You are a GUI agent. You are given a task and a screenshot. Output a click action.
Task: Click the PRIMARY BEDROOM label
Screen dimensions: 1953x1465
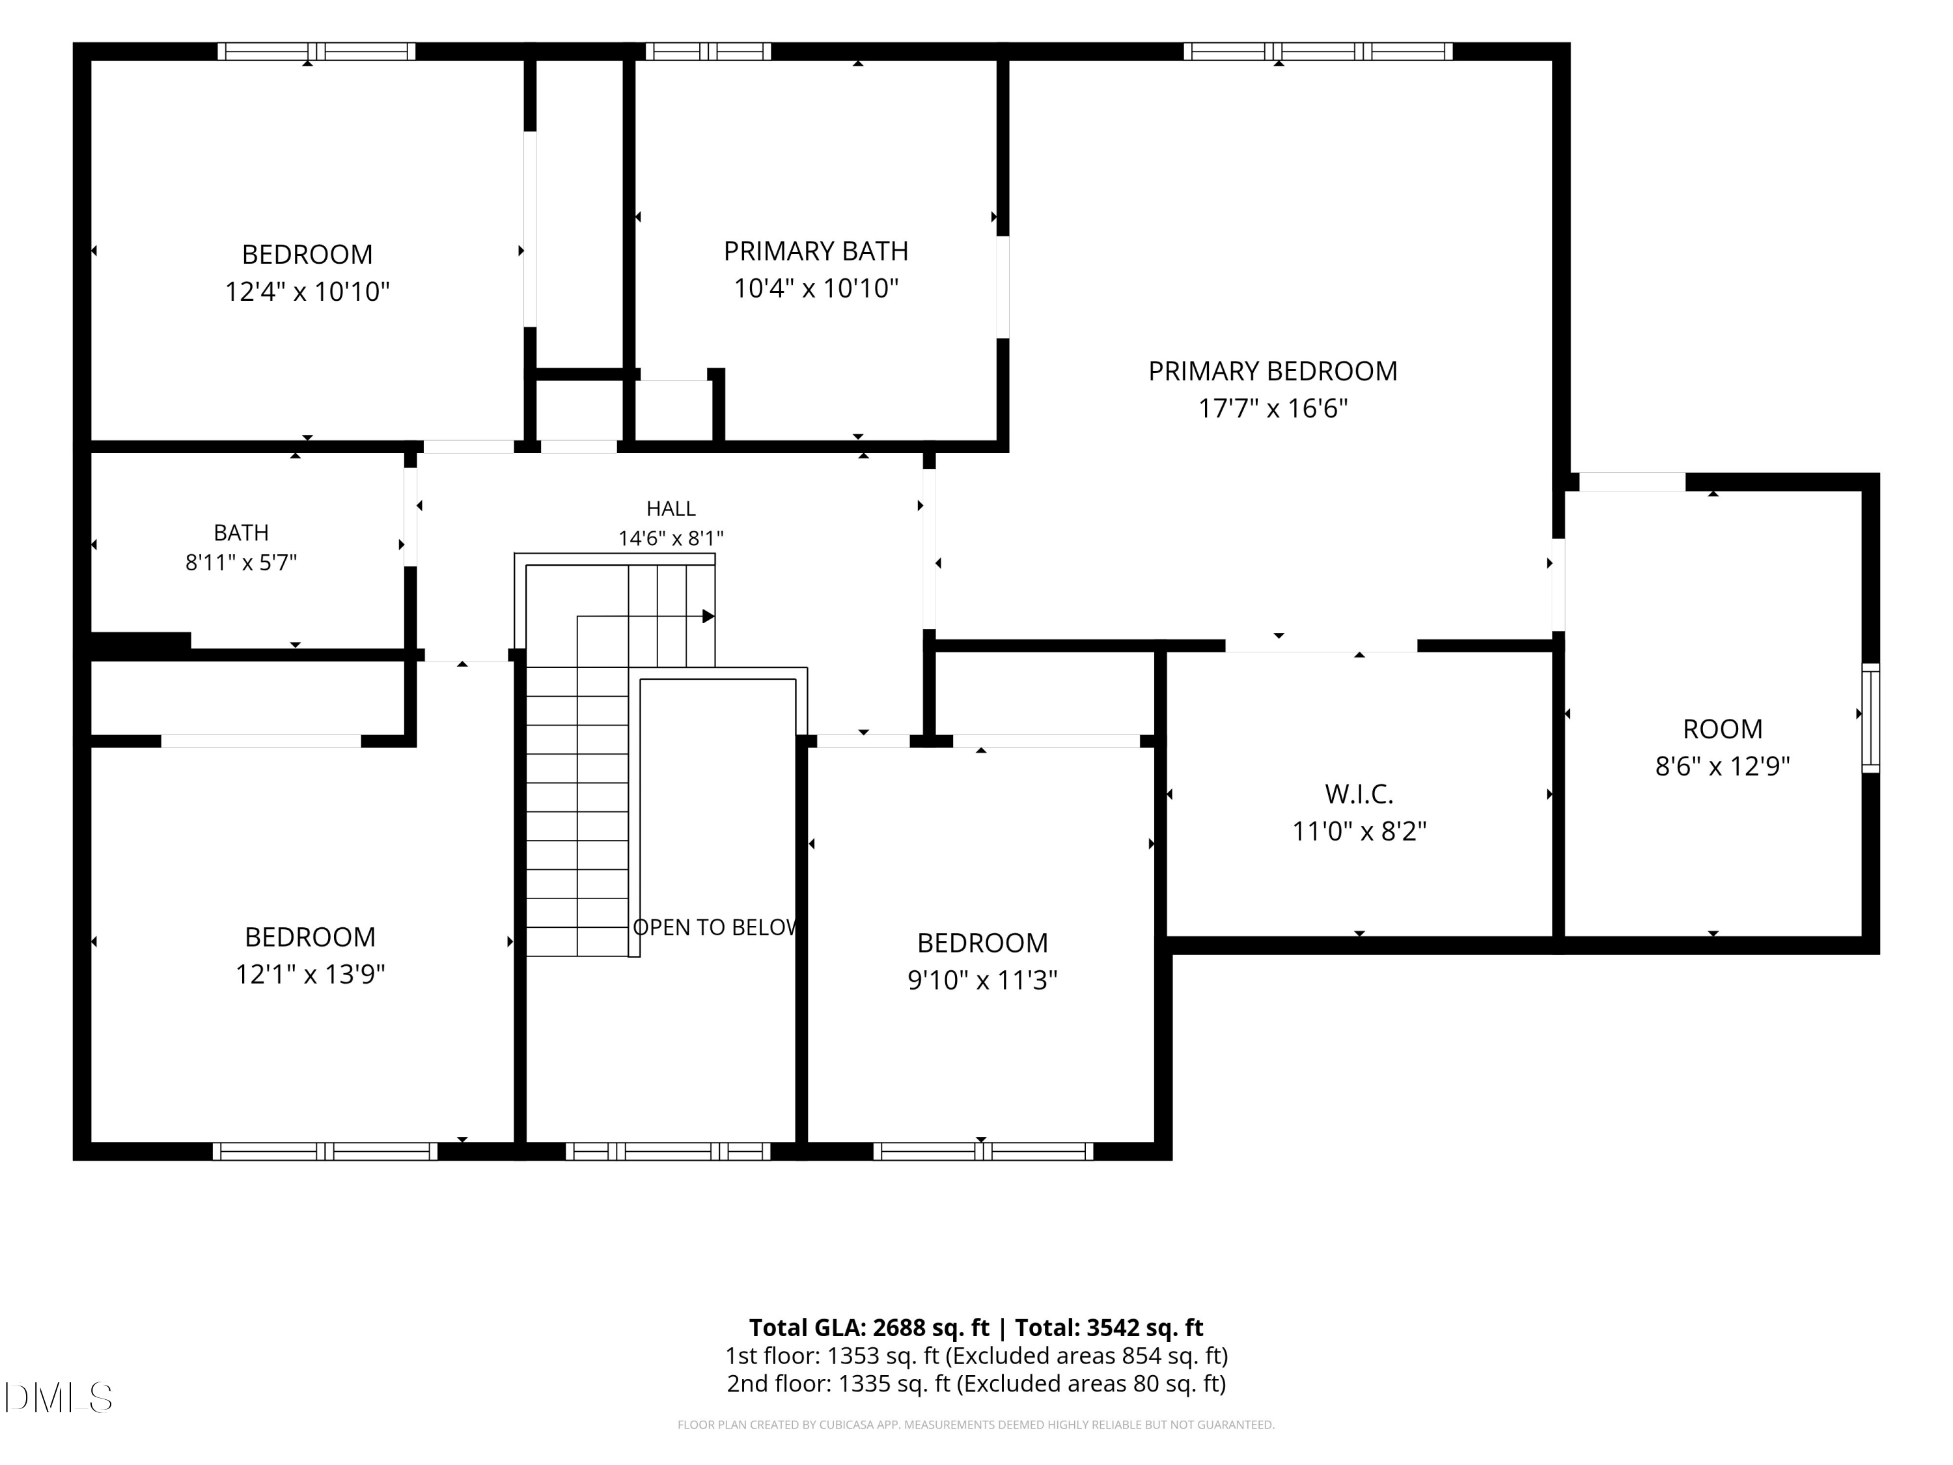[1272, 371]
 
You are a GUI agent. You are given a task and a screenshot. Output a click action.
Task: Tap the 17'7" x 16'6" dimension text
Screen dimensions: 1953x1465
[1272, 408]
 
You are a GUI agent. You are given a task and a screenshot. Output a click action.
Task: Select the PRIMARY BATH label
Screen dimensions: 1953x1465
[816, 252]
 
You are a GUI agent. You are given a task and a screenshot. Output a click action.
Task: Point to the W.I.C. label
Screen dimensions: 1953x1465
[1359, 794]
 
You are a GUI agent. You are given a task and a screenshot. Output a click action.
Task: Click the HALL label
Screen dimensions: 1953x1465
[671, 509]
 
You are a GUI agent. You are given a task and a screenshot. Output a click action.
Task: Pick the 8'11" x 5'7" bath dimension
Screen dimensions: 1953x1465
[241, 563]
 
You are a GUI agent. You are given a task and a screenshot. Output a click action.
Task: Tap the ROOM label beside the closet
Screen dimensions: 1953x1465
[1723, 729]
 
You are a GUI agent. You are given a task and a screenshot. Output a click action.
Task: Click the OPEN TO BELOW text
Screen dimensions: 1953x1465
[715, 927]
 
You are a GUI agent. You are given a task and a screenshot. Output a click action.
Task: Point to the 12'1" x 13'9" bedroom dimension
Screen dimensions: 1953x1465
[310, 974]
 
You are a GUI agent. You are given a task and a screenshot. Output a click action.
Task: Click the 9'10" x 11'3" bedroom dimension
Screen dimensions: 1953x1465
[982, 980]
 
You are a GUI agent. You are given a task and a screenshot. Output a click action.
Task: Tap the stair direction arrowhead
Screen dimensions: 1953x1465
[708, 617]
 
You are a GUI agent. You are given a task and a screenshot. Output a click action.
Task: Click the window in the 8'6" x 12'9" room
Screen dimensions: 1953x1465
[1870, 718]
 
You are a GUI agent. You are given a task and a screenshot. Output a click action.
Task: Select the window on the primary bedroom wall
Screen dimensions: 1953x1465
[1318, 51]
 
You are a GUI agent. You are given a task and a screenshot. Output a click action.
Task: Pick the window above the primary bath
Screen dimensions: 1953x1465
[708, 51]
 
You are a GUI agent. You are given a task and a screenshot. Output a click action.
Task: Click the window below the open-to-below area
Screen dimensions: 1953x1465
[667, 1152]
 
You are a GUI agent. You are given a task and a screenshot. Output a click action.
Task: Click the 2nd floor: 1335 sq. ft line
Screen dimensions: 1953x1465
[976, 1384]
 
